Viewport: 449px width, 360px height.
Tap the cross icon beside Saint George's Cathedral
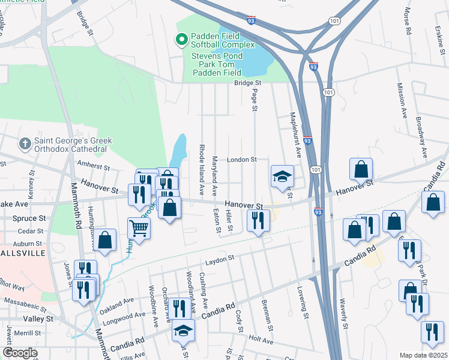[x=25, y=144]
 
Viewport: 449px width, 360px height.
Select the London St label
[x=241, y=160]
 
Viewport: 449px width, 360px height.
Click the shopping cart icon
[x=139, y=227]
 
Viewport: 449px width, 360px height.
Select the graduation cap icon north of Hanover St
[x=282, y=176]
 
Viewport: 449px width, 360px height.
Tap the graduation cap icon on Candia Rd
[x=183, y=331]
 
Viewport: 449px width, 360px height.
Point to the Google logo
[x=20, y=353]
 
